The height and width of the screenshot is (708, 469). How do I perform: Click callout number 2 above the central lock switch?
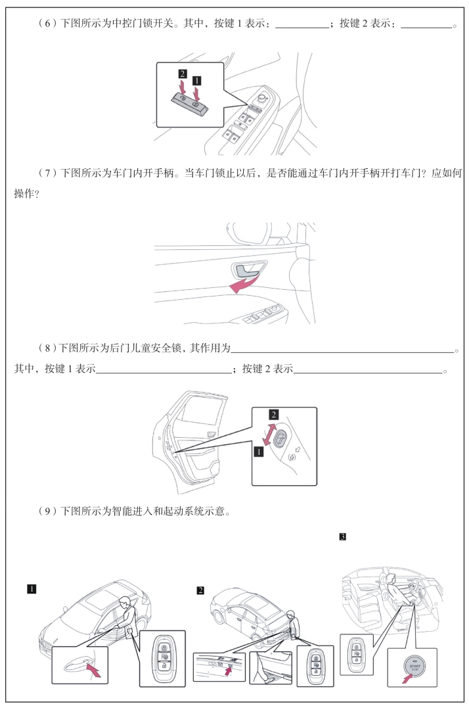tap(183, 74)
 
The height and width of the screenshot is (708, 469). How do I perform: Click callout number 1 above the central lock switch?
tap(196, 80)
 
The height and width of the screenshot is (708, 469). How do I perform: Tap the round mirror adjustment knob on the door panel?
tap(262, 97)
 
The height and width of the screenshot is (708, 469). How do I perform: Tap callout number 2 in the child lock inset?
tap(273, 414)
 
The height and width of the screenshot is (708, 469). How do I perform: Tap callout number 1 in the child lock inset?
tap(258, 451)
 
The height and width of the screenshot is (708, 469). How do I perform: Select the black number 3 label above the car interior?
tap(343, 537)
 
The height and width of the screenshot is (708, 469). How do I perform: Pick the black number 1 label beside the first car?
tap(31, 589)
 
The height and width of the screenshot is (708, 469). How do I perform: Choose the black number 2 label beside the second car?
tap(200, 590)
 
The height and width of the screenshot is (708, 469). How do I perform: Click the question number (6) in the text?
tap(47, 24)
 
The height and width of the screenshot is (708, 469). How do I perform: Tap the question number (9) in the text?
tap(47, 511)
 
